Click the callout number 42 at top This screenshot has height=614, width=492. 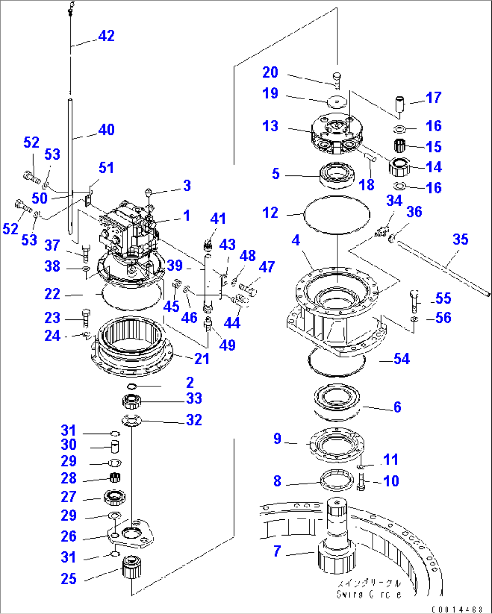click(x=107, y=36)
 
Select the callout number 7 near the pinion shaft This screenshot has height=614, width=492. click(x=277, y=551)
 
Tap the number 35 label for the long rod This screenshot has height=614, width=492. click(x=460, y=240)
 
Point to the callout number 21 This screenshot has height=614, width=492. click(x=201, y=359)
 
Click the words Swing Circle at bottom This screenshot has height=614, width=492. click(x=369, y=595)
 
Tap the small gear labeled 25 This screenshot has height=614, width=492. click(x=132, y=568)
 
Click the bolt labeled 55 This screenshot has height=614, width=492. click(x=415, y=301)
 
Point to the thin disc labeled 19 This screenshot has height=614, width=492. click(x=336, y=102)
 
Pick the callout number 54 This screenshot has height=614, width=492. click(x=401, y=359)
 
